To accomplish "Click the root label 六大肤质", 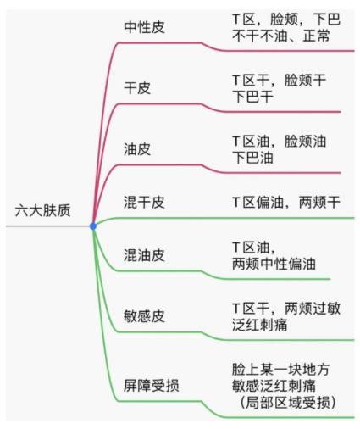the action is point(42,210).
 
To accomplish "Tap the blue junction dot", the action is point(93,226).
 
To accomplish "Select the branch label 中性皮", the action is point(144,27).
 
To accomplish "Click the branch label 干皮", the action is point(137,88).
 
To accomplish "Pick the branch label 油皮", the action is point(137,149).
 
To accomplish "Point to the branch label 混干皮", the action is point(144,202).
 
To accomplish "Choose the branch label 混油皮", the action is point(144,255).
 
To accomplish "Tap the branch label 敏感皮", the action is point(144,316).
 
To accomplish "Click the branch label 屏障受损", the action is point(151,385).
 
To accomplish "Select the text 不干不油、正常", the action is point(281,36).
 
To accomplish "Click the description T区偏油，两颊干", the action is point(286,202).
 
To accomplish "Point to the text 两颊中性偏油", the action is point(274,264).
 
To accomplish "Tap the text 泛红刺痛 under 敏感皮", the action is point(260,325).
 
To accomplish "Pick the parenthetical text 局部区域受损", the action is point(288,403).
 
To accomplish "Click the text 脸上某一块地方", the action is point(280,369).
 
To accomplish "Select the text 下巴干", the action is point(252,97).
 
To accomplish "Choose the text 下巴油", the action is point(252,158).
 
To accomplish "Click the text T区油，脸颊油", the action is point(279,141).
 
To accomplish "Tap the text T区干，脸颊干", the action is point(279,80).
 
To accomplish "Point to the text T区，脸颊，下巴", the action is point(286,19).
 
